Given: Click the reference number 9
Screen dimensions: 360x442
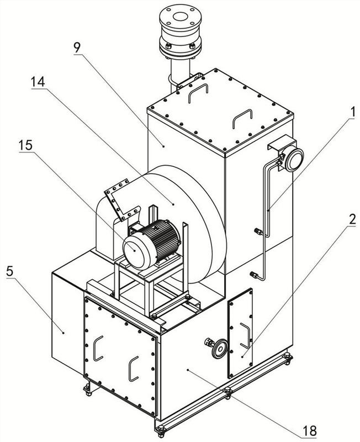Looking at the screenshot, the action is [77, 48].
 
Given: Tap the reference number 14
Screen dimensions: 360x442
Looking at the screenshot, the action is [38, 82].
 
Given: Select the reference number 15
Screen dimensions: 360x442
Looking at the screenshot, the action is [25, 146].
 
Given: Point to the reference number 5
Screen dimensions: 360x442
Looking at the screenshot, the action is [9, 271].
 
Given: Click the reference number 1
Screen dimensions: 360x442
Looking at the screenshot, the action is [352, 113].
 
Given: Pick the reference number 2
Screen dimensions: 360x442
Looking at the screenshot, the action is [352, 219].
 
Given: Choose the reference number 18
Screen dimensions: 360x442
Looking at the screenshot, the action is [309, 430].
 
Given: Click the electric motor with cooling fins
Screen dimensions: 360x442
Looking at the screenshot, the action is [151, 244].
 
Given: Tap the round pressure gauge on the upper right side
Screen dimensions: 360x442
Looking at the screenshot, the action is [294, 160].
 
